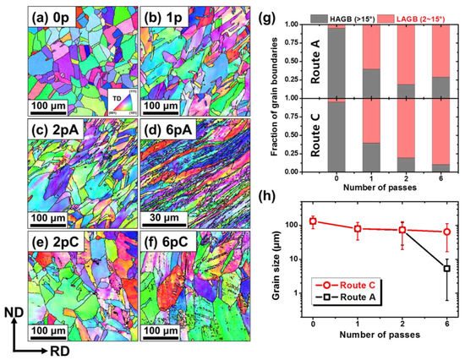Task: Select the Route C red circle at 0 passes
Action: [x=314, y=221]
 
